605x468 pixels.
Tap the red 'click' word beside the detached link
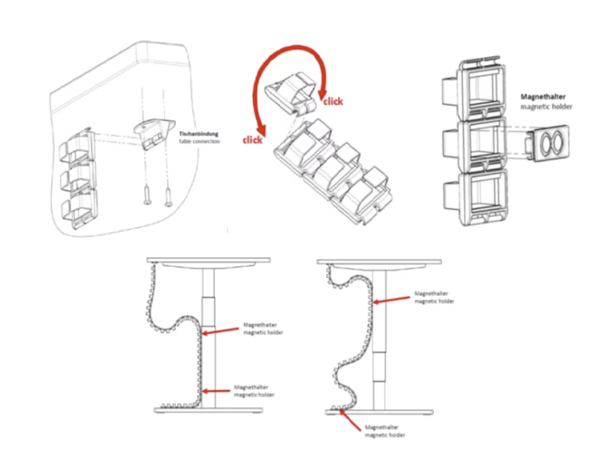pos(332,102)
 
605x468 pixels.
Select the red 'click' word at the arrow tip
pos(253,140)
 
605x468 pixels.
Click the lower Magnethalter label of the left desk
pos(254,391)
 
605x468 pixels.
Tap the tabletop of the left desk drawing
pos(208,260)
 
